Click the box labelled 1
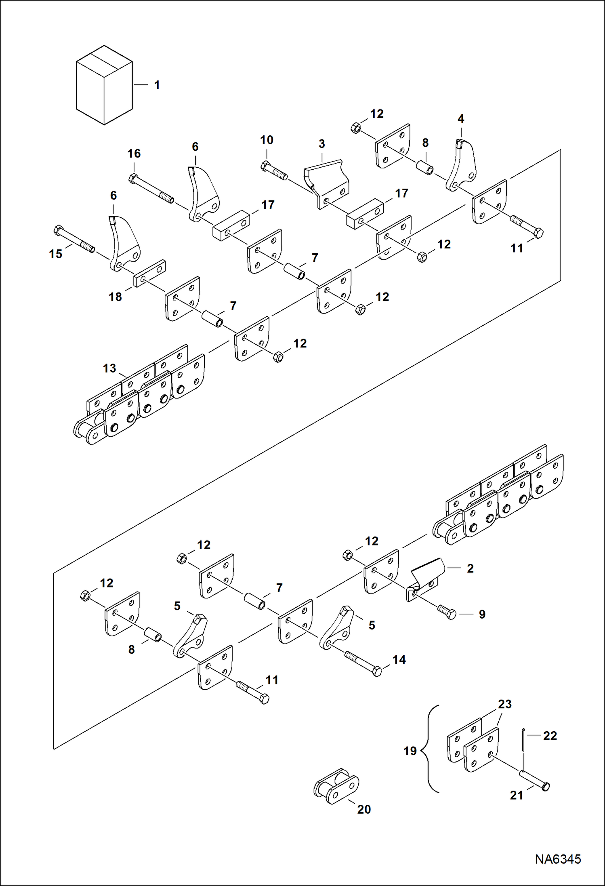pos(104,85)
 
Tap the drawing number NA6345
pos(558,859)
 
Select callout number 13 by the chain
pos(109,368)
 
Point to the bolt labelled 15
pos(74,239)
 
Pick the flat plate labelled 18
pos(149,274)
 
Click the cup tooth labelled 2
pos(426,574)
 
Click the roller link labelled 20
pos(336,785)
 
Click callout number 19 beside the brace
pos(410,751)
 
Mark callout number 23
pos(504,704)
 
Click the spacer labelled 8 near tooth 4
pos(425,167)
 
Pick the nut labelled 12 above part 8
pos(356,128)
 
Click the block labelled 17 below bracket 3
pos(365,214)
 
